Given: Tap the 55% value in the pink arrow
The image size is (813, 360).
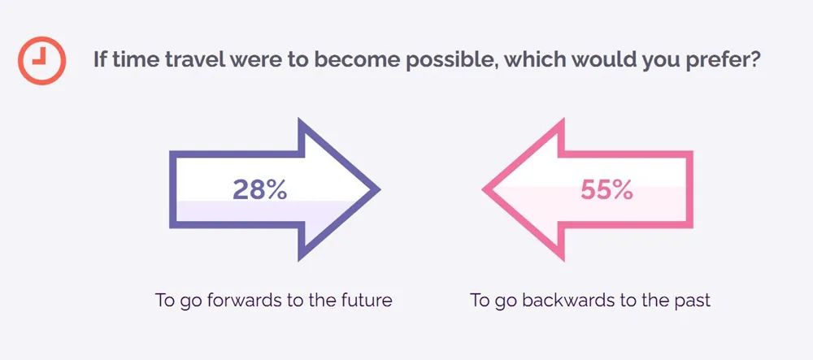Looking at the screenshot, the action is pos(606,190).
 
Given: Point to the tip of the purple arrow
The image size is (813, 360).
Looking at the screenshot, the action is pos(380,189).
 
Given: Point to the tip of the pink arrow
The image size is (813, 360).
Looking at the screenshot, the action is pos(483,189).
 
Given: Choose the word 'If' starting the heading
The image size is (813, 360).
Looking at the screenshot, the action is pos(99,60).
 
